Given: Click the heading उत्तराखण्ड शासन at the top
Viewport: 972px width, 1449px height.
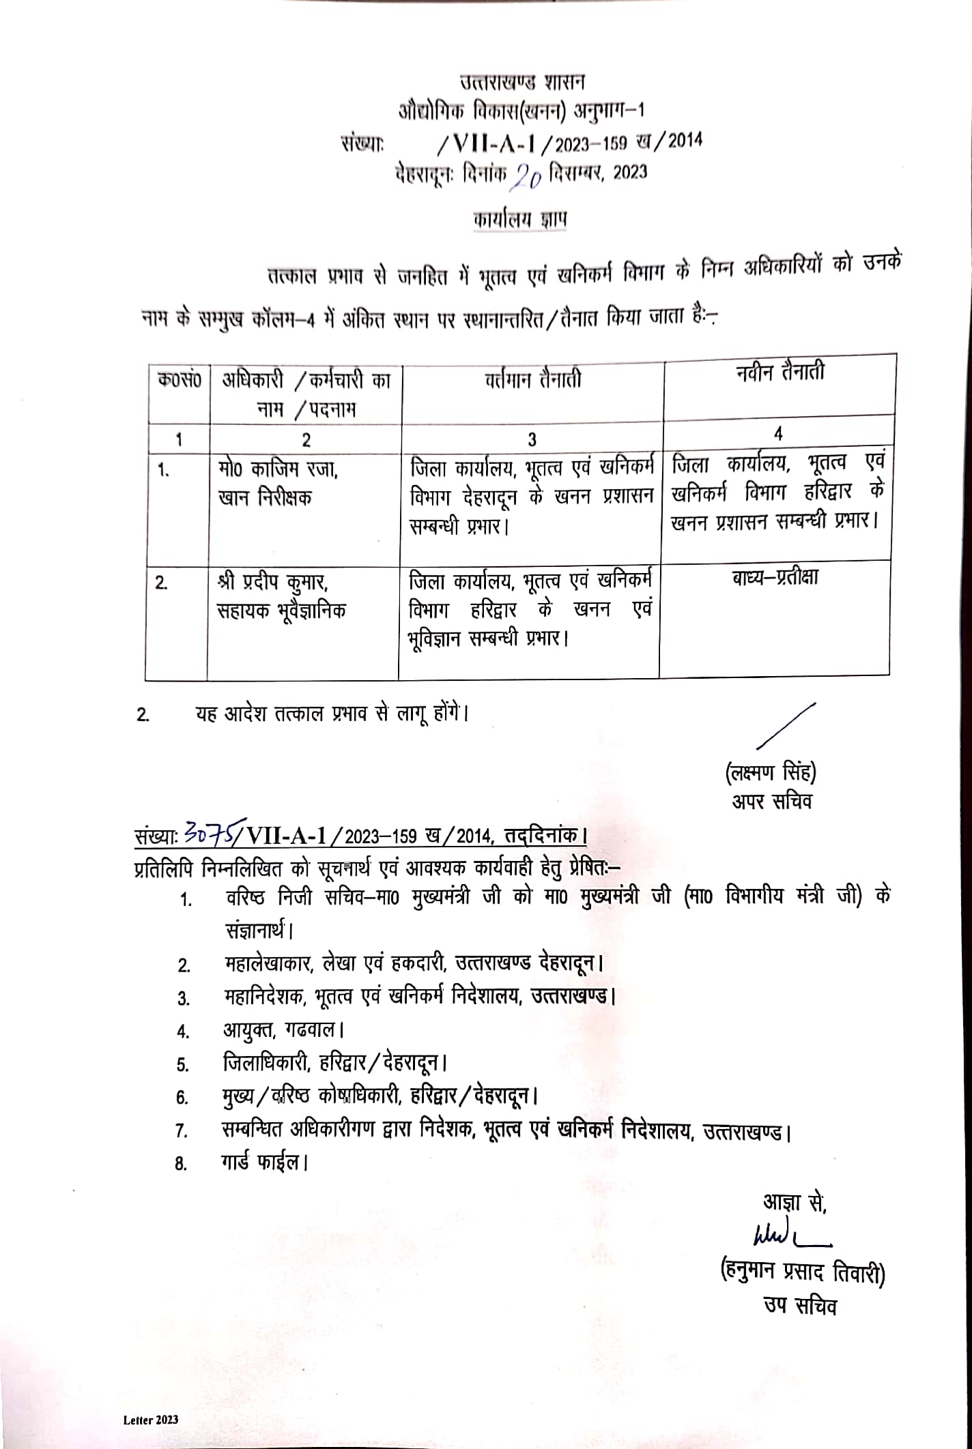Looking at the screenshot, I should (x=522, y=82).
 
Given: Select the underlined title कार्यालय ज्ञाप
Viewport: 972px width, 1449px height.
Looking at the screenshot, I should (x=520, y=220).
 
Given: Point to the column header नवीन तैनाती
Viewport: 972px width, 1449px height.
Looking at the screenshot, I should (x=780, y=372).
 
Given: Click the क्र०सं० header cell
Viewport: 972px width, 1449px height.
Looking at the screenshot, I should (x=180, y=380).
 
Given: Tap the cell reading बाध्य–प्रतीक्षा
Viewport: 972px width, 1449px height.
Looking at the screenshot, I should (x=775, y=578).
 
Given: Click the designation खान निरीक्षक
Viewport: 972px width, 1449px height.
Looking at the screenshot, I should (x=265, y=497).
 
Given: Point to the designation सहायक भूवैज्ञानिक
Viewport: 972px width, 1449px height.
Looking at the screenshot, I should (x=281, y=610).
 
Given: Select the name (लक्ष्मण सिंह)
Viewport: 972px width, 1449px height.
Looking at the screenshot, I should (x=770, y=773).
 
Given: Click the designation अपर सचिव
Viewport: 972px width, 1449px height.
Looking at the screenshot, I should (x=771, y=801).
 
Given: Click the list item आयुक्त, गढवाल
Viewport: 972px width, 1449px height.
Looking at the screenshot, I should (x=283, y=1029).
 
